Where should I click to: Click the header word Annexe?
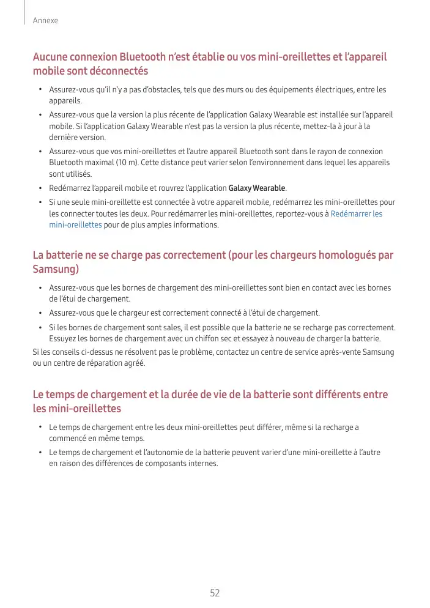pyautogui.click(x=46, y=21)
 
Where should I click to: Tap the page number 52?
pyautogui.click(x=215, y=593)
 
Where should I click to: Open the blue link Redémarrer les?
pyautogui.click(x=357, y=213)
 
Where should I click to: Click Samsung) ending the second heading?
pyautogui.click(x=56, y=269)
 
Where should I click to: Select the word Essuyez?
pyautogui.click(x=63, y=338)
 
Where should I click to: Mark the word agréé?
pyautogui.click(x=135, y=363)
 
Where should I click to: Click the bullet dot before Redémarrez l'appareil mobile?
pyautogui.click(x=40, y=188)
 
